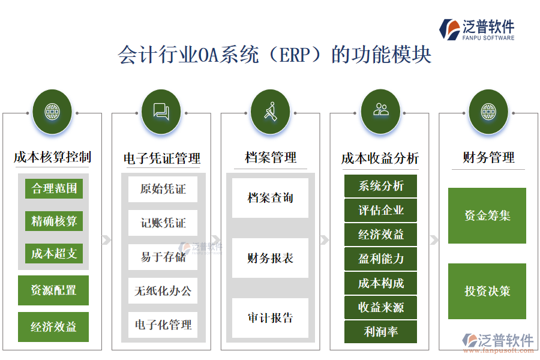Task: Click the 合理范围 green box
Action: point(54,188)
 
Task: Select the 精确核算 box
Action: point(54,221)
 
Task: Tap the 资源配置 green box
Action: point(53,290)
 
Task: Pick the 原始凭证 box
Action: point(163,189)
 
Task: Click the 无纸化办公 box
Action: point(163,291)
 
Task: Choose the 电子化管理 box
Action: point(163,325)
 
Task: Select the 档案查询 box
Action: point(270,198)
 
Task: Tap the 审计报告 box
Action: point(270,318)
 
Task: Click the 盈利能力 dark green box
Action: point(380,259)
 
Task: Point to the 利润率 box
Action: point(380,331)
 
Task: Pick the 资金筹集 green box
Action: point(487,215)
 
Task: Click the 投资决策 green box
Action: point(487,291)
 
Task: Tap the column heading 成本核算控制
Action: point(53,157)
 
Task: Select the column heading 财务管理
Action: point(488,158)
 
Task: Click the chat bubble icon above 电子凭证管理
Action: point(161,111)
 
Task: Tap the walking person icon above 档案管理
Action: point(270,111)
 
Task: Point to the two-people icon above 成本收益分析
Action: point(380,110)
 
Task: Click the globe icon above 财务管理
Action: point(488,111)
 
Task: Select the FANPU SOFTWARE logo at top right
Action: point(477,29)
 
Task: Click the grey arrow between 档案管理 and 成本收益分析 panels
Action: point(325,240)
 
